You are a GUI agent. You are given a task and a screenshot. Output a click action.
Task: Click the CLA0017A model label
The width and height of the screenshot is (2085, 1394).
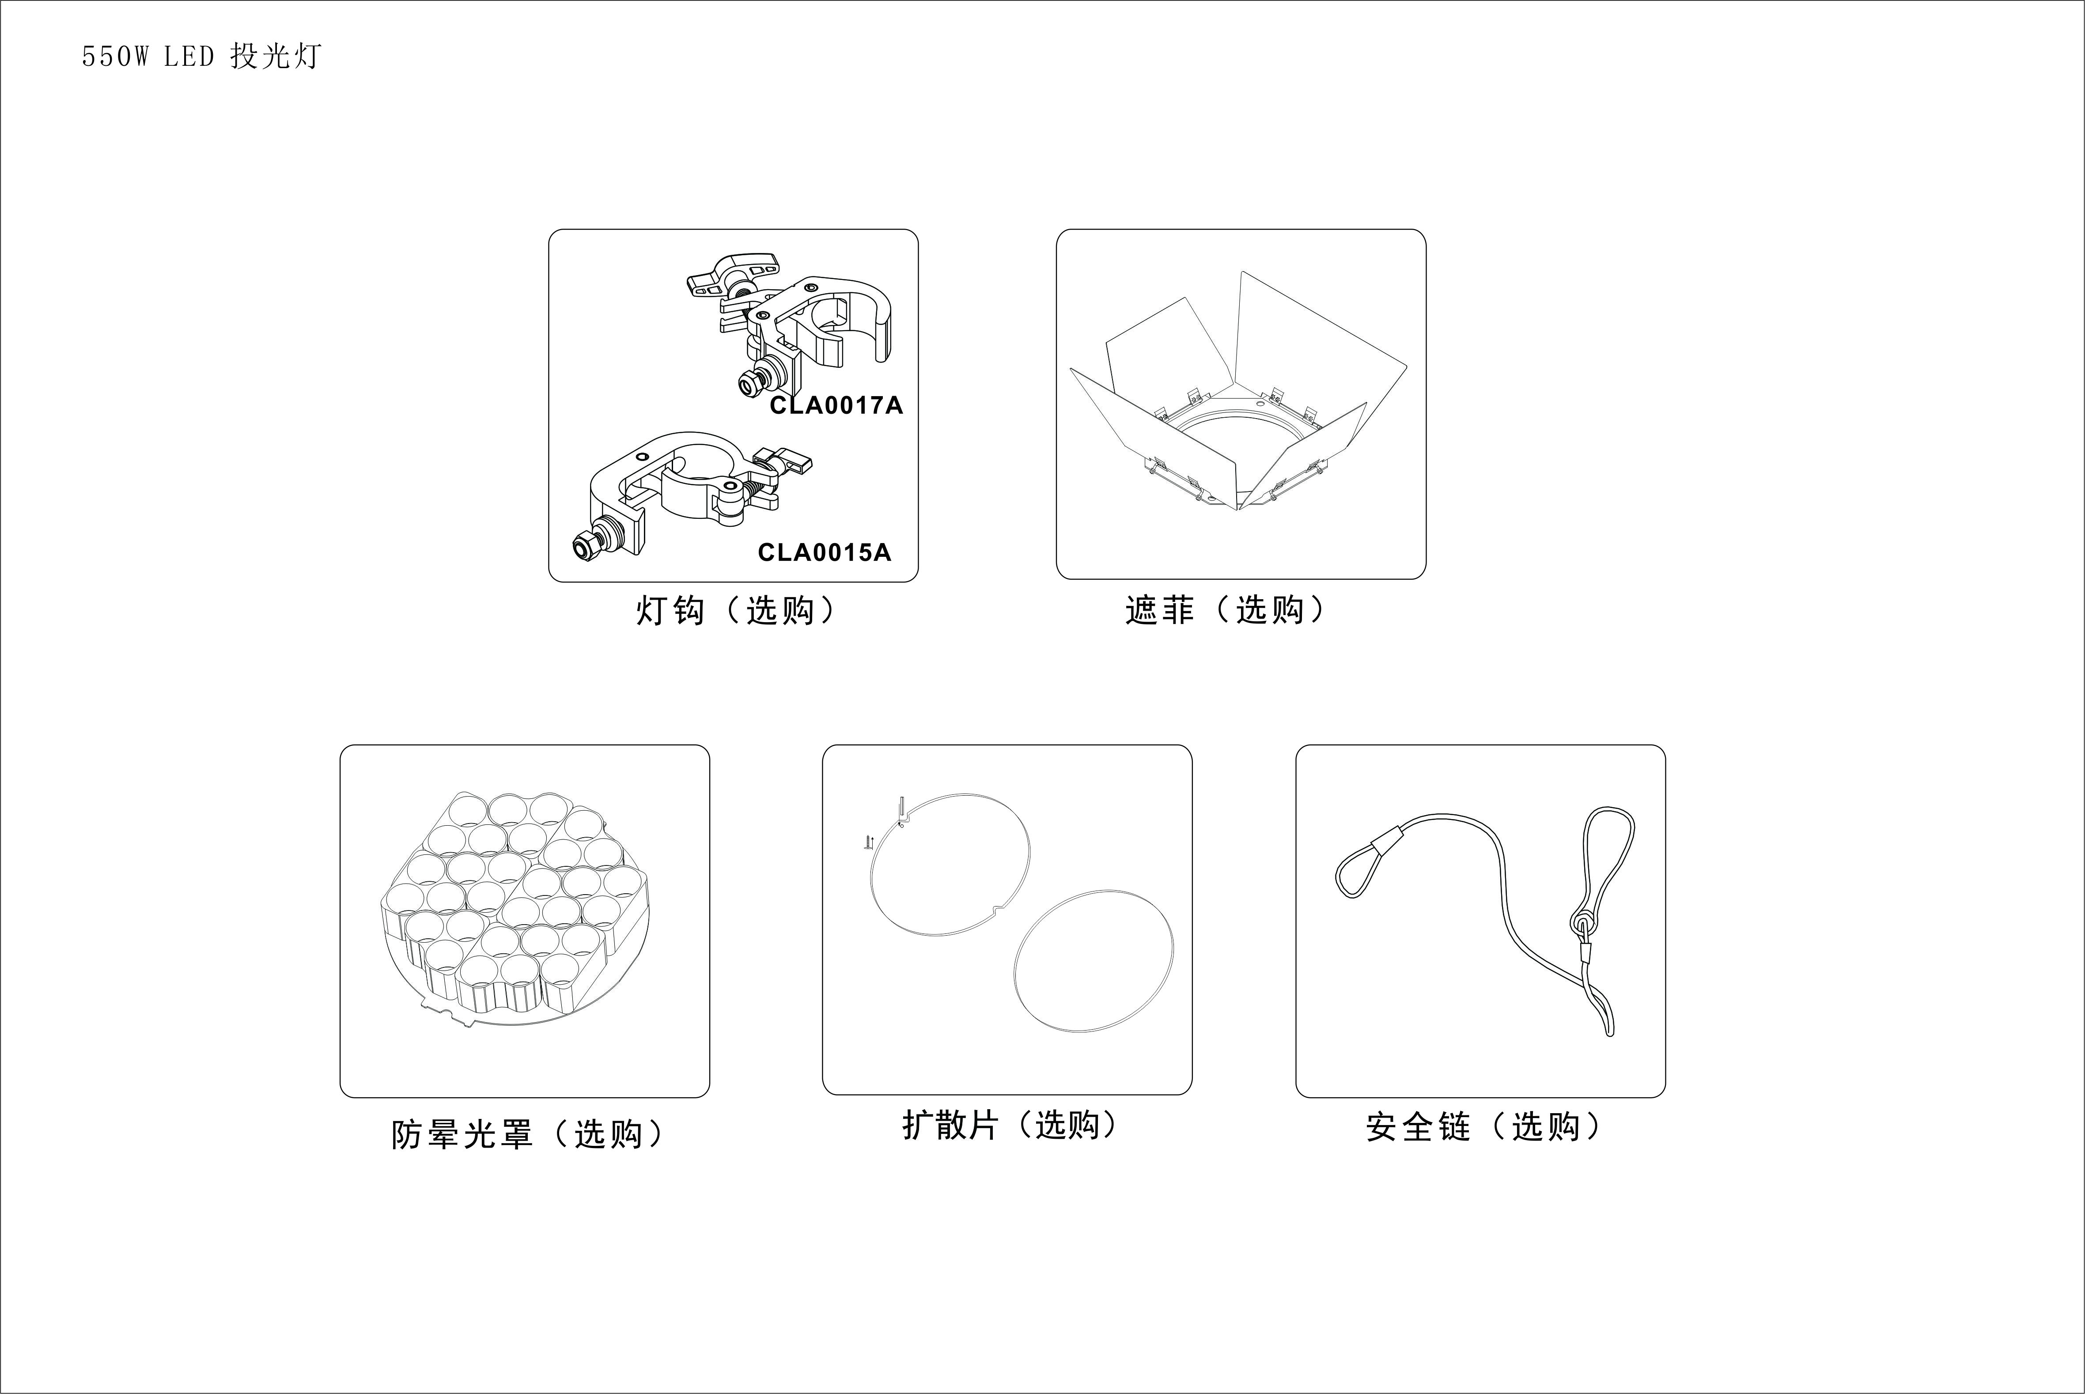[836, 405]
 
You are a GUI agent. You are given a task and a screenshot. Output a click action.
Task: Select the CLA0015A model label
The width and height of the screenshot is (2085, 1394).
[824, 552]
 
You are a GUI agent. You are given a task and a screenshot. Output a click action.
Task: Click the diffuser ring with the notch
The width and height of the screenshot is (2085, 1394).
[950, 864]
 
